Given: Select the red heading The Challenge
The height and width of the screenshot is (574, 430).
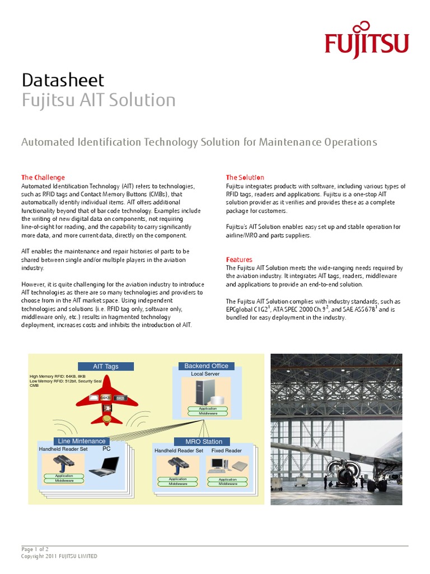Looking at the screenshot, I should pos(43,177).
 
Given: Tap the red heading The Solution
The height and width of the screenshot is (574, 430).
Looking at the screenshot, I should pos(245,177).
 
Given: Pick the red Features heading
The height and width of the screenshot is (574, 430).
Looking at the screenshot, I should pos(239,260).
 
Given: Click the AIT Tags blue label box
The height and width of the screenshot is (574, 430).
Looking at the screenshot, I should pos(106,367).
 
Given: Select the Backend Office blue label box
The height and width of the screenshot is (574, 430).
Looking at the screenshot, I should pos(207,366).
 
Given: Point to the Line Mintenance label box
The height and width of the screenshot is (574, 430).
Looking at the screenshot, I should pos(82,441).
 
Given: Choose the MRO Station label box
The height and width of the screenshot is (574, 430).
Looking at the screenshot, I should pos(204,442).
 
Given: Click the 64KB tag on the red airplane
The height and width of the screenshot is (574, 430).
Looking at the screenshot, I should pos(105,397).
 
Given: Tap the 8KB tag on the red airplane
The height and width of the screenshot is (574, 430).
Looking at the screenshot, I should pos(120,398).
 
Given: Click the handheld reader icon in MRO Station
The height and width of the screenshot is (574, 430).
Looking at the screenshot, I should pos(177,465).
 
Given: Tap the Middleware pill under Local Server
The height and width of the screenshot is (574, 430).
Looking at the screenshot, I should pos(208,413).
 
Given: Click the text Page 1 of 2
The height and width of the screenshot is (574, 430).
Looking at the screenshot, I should pos(35,549).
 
